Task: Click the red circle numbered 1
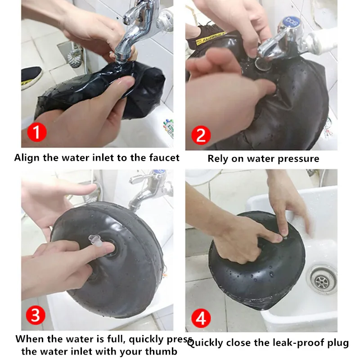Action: [37, 132]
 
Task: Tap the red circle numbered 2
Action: [201, 135]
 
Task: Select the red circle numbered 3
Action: [36, 315]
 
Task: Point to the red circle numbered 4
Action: [201, 318]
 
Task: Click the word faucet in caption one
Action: [164, 158]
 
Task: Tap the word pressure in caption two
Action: [298, 159]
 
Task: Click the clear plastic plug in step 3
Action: [95, 241]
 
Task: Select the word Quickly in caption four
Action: [205, 343]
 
